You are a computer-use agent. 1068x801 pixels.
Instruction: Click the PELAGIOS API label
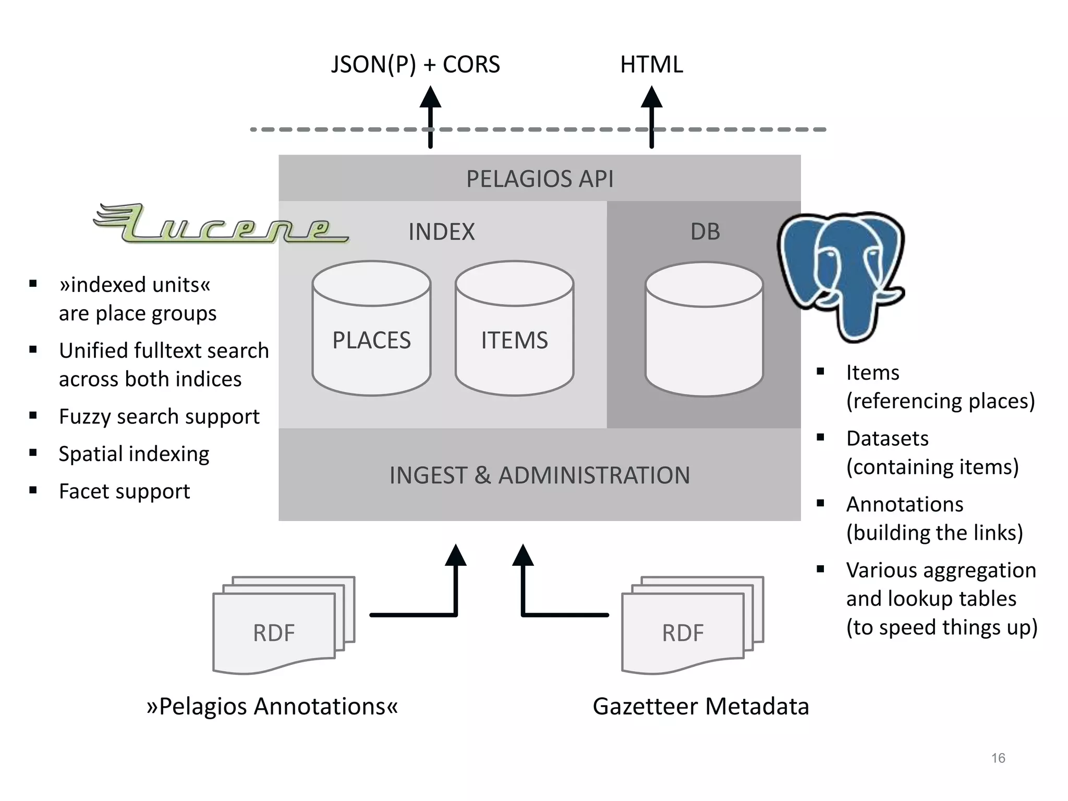click(539, 179)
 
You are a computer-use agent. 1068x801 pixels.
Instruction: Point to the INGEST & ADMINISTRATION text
click(539, 475)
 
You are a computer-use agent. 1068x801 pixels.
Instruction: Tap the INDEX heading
click(441, 232)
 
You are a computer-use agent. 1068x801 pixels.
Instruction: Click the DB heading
click(705, 232)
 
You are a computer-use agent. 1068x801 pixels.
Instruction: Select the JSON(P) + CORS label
click(415, 65)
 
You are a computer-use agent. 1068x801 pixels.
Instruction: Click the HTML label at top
click(651, 65)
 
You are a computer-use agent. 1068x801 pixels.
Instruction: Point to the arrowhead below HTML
click(651, 98)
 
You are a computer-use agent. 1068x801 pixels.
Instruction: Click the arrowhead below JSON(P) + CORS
click(430, 98)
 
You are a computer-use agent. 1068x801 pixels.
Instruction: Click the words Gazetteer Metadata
click(700, 707)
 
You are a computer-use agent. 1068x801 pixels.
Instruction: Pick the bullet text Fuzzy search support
click(159, 417)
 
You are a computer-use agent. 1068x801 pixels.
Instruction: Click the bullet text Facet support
click(124, 491)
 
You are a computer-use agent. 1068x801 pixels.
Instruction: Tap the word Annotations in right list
click(904, 504)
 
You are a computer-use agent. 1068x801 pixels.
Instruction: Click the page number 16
click(998, 758)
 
